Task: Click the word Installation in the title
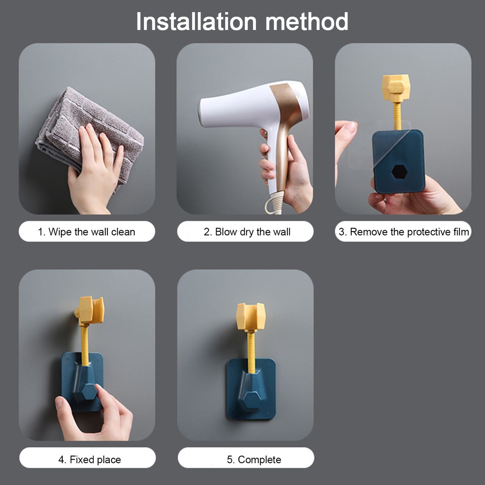coord(196,22)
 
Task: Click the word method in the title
coord(307,22)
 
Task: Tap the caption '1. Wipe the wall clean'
coord(86,232)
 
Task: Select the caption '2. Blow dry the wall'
coord(247,232)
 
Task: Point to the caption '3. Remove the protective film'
coord(404,232)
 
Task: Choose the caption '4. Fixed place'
coord(90,460)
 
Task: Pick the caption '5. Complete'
coord(254,460)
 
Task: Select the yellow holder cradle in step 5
coord(251,316)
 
